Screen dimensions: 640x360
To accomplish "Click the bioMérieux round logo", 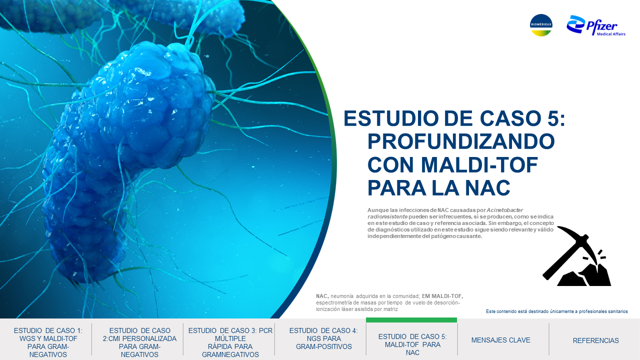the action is pos(541,25).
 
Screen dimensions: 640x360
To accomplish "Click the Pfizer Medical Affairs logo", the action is pos(595,25).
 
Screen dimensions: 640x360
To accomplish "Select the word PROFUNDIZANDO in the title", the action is pos(461,141).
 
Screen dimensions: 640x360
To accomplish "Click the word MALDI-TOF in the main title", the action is pos(479,165).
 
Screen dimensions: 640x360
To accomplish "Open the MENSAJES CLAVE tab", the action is pos(500,340).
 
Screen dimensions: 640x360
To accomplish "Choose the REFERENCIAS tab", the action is pos(595,340).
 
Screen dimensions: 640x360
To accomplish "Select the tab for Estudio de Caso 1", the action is pos(48,342).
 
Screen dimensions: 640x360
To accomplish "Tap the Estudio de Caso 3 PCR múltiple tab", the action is pos(230,342).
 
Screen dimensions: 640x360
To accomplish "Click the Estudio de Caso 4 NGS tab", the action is pos(323,338).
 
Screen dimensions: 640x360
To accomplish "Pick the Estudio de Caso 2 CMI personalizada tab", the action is pos(139,342).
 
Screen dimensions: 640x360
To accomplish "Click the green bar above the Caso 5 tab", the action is pos(411,320).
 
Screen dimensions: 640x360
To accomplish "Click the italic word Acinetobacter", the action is pos(505,210).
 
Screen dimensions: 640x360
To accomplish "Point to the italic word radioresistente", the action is pos(387,216).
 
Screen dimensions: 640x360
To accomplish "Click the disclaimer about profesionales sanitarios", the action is pos(557,311).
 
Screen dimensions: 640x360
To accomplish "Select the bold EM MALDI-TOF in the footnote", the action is pos(442,296).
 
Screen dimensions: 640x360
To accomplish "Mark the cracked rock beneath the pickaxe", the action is pos(584,275).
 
